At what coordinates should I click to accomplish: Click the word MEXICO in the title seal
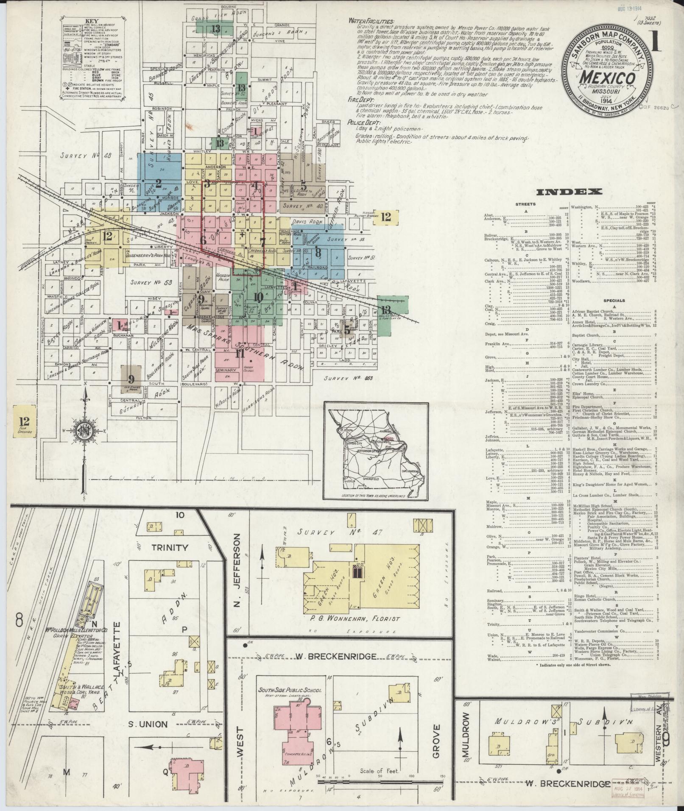tap(607, 78)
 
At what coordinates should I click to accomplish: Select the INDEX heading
tap(569, 192)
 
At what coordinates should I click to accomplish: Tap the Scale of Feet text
tap(379, 771)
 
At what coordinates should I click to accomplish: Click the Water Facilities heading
tap(371, 21)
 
